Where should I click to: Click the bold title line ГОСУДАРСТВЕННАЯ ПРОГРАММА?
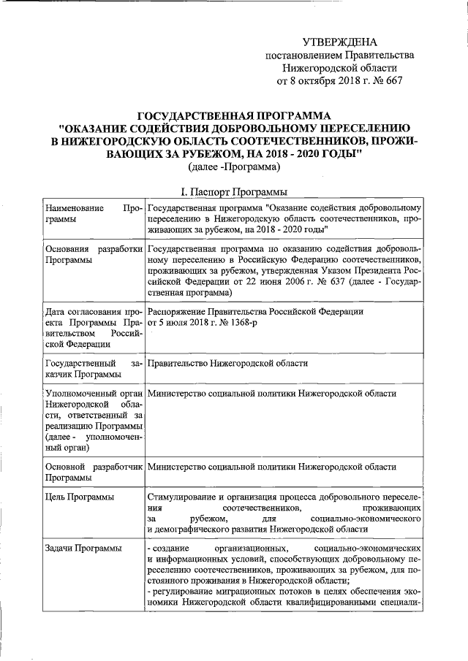234,115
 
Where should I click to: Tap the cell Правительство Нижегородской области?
227,363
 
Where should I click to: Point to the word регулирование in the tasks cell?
182,590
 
